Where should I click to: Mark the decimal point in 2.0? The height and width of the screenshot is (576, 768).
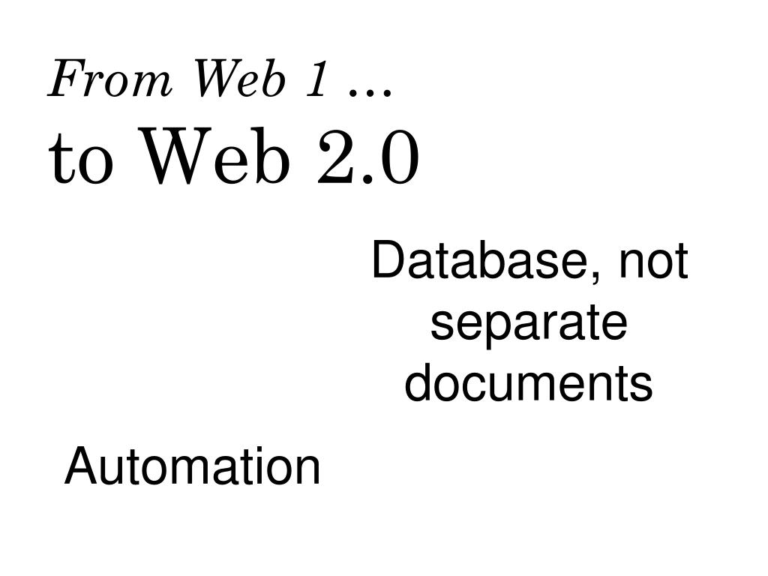click(x=367, y=180)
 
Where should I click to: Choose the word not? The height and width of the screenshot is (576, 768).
click(x=653, y=262)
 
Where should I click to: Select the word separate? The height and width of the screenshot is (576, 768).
click(x=529, y=324)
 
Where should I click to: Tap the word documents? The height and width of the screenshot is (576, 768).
click(x=529, y=383)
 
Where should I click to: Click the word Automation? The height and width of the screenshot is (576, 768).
click(x=193, y=466)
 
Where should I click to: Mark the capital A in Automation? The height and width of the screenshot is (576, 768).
click(x=79, y=466)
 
